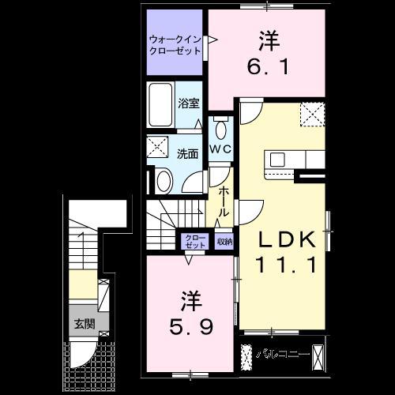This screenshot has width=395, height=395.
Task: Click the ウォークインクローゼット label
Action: (175, 45)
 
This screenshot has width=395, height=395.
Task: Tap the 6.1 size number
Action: (268, 66)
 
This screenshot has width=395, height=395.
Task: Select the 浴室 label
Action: (189, 103)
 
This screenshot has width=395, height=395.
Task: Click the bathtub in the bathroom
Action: (160, 105)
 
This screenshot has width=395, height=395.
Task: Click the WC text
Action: (220, 149)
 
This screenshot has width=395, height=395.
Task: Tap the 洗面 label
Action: (187, 154)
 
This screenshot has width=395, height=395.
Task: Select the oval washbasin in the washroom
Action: (164, 181)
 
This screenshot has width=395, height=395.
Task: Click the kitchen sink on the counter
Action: (277, 160)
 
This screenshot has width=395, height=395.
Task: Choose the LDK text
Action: (287, 239)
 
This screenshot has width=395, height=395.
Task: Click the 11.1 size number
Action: (286, 265)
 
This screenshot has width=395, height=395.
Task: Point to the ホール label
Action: (224, 201)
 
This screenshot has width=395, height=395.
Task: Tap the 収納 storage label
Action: (224, 242)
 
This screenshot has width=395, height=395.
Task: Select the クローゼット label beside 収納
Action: (195, 242)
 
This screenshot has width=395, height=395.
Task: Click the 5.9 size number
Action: (191, 328)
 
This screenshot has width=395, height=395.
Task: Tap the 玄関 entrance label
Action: (85, 324)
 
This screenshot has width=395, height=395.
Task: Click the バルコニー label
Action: (282, 354)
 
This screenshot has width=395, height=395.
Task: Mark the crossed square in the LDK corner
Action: (312, 115)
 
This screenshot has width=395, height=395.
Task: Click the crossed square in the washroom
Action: (157, 147)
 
